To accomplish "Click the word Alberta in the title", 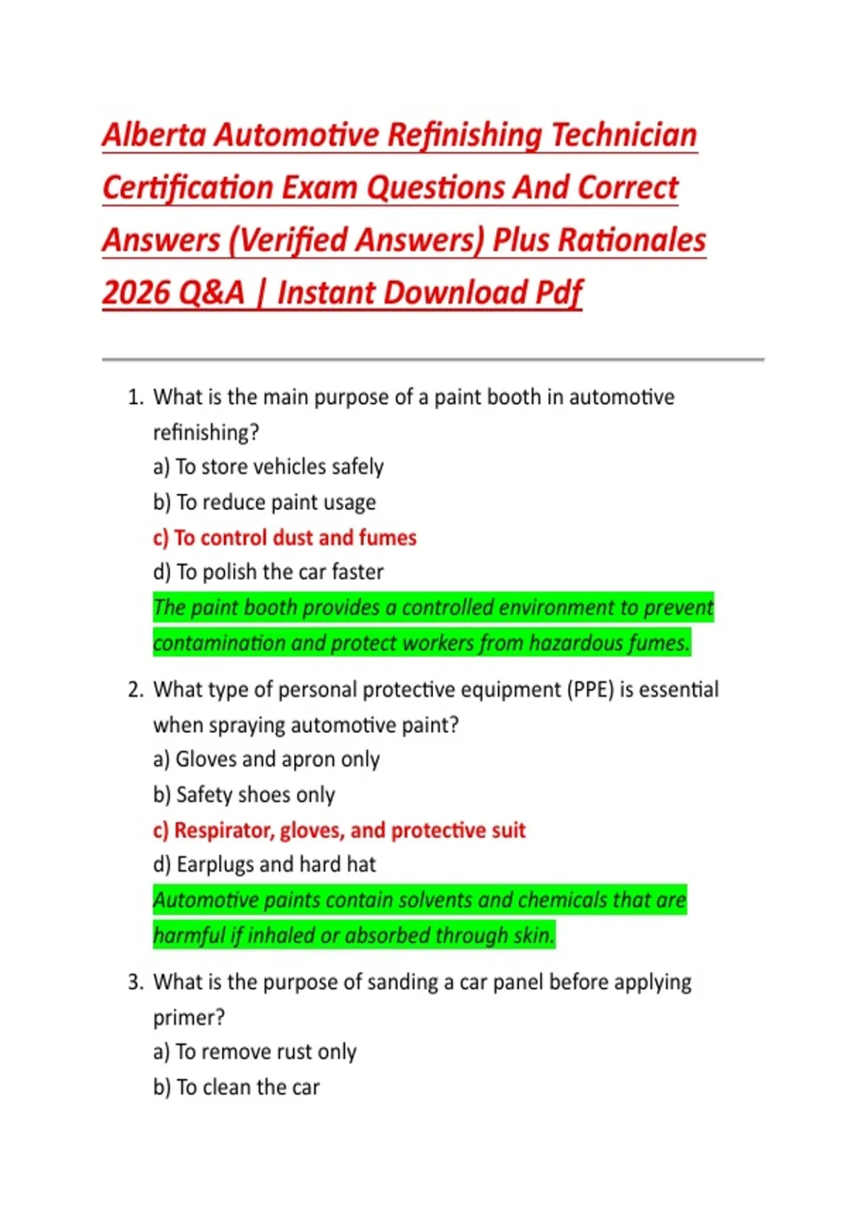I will [154, 136].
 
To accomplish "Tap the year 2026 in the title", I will [135, 294].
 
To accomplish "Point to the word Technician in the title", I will [624, 136].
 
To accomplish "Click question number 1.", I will [136, 397].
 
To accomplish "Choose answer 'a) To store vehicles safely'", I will [268, 467].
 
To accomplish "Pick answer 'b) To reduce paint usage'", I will [265, 503].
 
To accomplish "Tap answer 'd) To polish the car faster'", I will [268, 573].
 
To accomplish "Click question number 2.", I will [136, 690].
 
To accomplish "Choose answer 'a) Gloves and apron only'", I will [267, 759].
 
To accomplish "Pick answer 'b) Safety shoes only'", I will [244, 795].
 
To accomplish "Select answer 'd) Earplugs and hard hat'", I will [265, 865].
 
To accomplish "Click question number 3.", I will [136, 982].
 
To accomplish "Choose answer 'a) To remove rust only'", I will [255, 1052].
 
